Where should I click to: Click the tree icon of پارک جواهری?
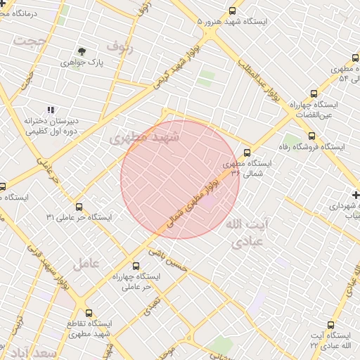click(x=82, y=51)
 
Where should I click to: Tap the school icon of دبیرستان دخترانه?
click(x=50, y=110)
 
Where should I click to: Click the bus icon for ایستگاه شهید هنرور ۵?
click(x=233, y=11)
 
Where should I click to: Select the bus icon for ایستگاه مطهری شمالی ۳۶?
click(x=247, y=153)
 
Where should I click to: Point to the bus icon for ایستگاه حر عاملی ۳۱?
click(x=79, y=207)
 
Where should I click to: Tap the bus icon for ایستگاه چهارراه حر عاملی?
click(x=136, y=266)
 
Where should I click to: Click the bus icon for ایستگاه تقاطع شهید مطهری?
click(x=88, y=313)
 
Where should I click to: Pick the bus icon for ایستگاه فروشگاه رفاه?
click(x=311, y=136)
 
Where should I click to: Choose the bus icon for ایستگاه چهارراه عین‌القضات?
click(x=314, y=93)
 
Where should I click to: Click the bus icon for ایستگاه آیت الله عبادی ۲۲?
click(x=350, y=326)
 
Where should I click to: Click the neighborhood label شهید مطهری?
click(x=144, y=138)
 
